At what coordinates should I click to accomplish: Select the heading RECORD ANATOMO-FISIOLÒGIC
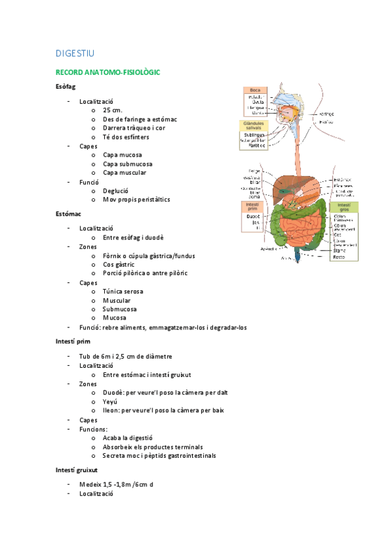[107, 72]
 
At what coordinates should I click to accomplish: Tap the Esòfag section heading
[66, 87]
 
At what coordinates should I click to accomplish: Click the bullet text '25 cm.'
[112, 111]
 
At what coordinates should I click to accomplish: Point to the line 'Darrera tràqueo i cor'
[134, 128]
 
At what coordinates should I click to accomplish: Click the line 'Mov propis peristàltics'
[136, 199]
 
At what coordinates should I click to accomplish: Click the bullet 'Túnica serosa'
[122, 291]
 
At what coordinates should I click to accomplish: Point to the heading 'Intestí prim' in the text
[73, 340]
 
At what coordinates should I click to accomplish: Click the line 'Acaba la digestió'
[128, 438]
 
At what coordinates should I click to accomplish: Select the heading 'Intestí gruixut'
[77, 470]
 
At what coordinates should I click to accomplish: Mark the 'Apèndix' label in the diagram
[269, 249]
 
